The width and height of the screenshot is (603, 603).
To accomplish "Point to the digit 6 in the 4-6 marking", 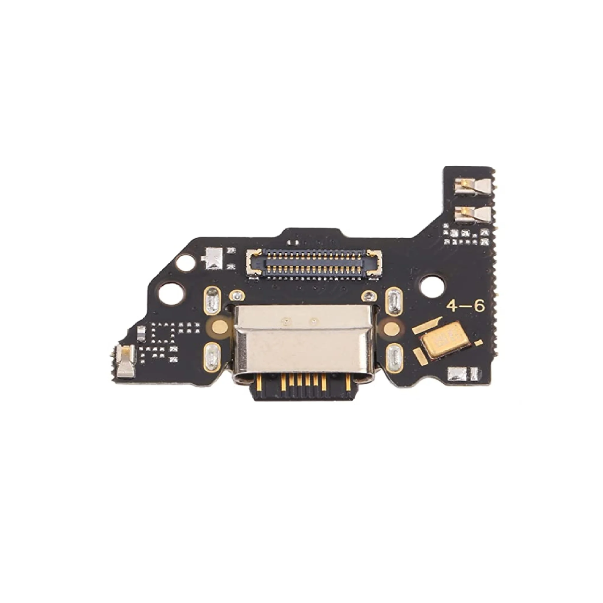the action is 479,306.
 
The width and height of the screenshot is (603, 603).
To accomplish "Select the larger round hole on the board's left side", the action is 171,293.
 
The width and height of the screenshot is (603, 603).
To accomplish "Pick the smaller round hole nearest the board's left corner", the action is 184,263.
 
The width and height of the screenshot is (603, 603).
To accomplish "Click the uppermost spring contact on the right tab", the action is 472,188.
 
